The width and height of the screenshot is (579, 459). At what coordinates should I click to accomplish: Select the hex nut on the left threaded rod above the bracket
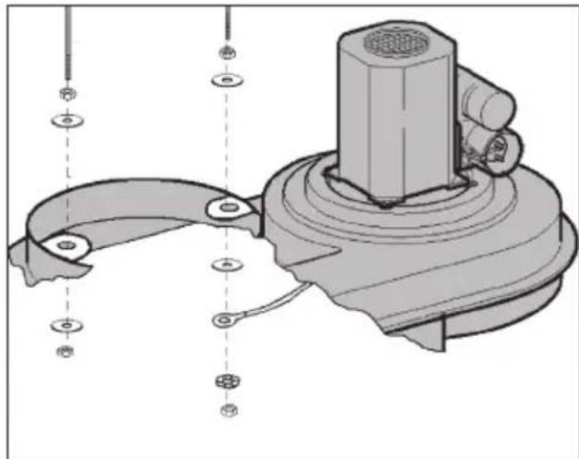click(x=67, y=94)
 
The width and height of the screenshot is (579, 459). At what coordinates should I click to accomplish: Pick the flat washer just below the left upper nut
click(x=67, y=120)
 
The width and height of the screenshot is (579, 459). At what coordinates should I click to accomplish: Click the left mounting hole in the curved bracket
click(x=65, y=245)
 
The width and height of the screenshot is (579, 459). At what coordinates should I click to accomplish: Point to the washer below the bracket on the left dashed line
click(x=66, y=325)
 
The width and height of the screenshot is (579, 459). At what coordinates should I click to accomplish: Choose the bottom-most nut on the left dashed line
click(x=66, y=351)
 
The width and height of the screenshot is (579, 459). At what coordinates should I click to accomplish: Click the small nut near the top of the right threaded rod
click(x=226, y=52)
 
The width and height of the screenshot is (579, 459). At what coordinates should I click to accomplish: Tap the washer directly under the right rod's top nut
click(x=226, y=80)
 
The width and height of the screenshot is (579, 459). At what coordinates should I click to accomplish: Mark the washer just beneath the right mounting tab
click(x=226, y=266)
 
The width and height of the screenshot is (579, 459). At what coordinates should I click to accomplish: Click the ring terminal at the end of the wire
click(x=224, y=321)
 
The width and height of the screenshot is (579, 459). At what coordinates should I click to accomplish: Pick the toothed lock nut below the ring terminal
click(x=225, y=381)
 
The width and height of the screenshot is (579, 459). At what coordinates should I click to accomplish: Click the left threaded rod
click(x=67, y=46)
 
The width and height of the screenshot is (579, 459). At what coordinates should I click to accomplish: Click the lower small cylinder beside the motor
click(x=490, y=148)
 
